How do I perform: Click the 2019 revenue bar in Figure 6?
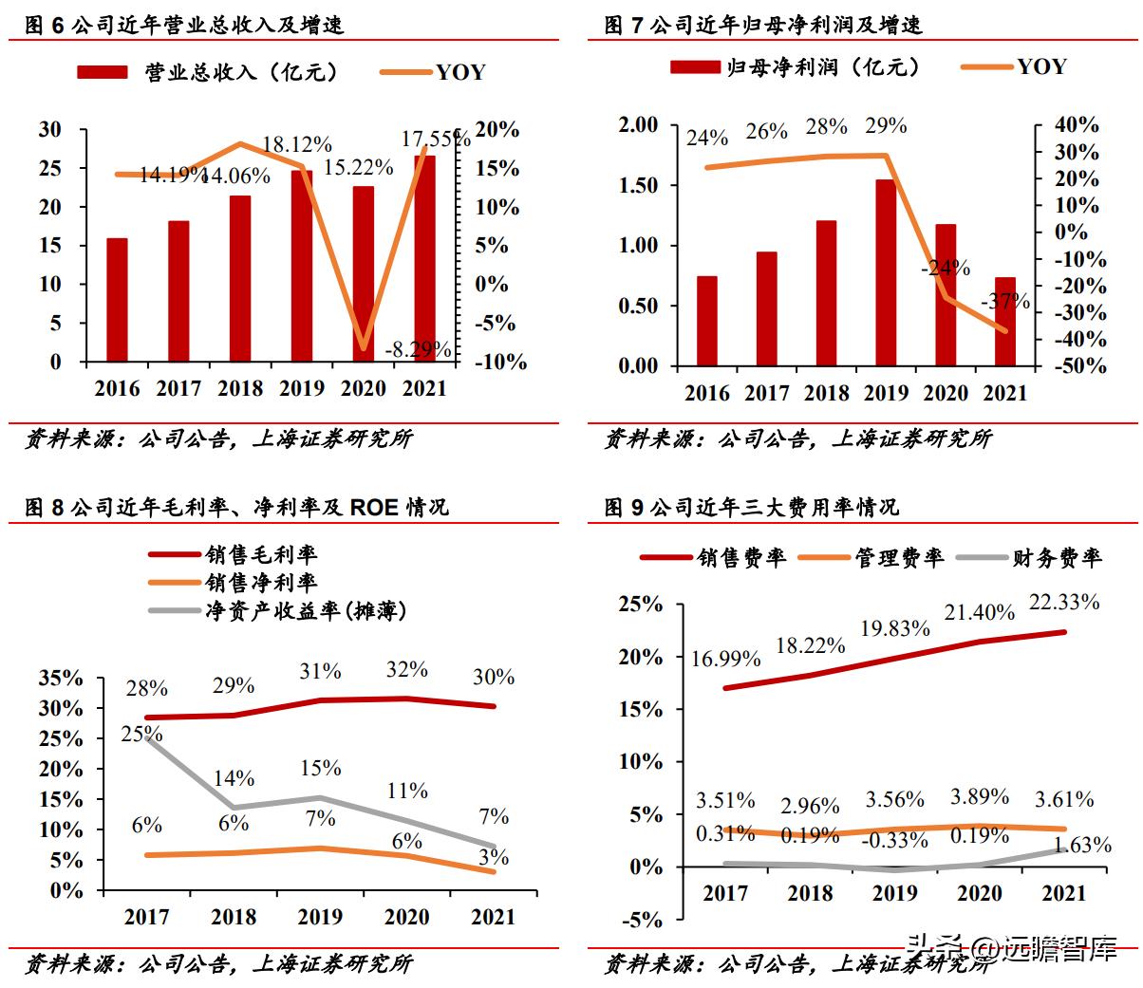pyautogui.click(x=302, y=266)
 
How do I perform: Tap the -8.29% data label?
pyautogui.click(x=418, y=350)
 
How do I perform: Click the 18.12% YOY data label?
pyautogui.click(x=297, y=145)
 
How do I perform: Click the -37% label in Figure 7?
pyautogui.click(x=1007, y=302)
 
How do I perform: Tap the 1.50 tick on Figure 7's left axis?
pyautogui.click(x=638, y=185)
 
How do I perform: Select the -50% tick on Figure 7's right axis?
pyautogui.click(x=1078, y=366)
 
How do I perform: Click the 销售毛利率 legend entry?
pyautogui.click(x=261, y=555)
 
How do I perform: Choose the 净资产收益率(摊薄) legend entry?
pyautogui.click(x=306, y=610)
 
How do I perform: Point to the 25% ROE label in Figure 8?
pyautogui.click(x=141, y=734)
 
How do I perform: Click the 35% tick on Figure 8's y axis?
pyautogui.click(x=62, y=679)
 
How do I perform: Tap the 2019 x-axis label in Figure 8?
pyautogui.click(x=320, y=917)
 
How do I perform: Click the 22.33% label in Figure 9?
pyautogui.click(x=1063, y=602)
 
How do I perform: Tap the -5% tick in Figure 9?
pyautogui.click(x=643, y=919)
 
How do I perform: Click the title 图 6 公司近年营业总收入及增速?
pyautogui.click(x=184, y=26)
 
